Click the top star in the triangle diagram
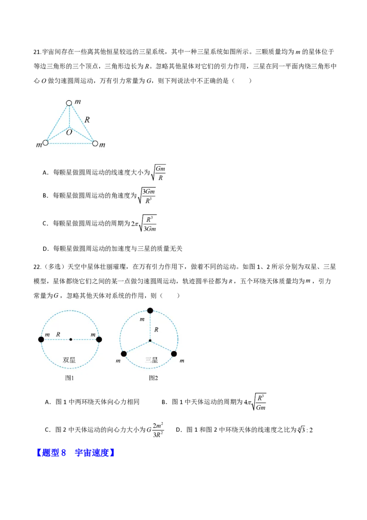pyautogui.click(x=69, y=103)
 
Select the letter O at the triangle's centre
pyautogui.click(x=69, y=132)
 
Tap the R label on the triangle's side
pyautogui.click(x=87, y=120)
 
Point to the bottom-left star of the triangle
pyautogui.click(x=45, y=142)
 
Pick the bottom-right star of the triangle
pyautogui.click(x=95, y=144)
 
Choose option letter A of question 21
pyautogui.click(x=45, y=172)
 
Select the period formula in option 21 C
pyautogui.click(x=144, y=223)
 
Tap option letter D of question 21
pyautogui.click(x=45, y=249)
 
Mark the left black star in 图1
pyautogui.click(x=41, y=339)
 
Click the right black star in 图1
pyautogui.click(x=99, y=339)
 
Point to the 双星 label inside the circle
pyautogui.click(x=69, y=360)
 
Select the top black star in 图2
pyautogui.click(x=150, y=311)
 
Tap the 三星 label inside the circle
pyautogui.click(x=152, y=360)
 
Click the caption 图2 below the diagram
pyautogui.click(x=153, y=378)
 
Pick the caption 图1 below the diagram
pyautogui.click(x=70, y=378)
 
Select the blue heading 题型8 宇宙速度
pyautogui.click(x=75, y=452)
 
